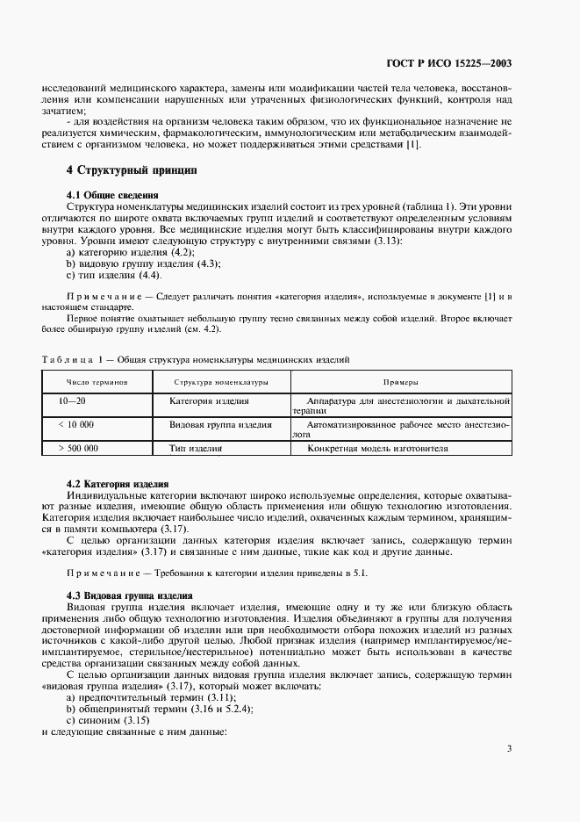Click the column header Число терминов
click(97, 382)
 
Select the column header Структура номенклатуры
click(220, 382)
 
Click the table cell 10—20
click(72, 400)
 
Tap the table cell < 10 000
click(75, 424)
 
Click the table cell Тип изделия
click(195, 447)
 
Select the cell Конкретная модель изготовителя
click(377, 447)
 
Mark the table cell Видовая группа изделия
click(220, 424)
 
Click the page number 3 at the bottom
click(509, 748)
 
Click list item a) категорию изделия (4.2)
click(125, 253)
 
